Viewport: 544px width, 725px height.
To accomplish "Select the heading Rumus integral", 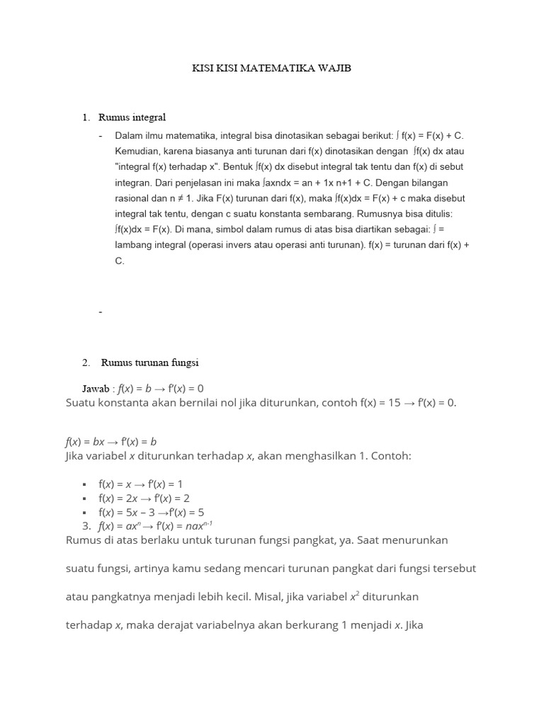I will [132, 117].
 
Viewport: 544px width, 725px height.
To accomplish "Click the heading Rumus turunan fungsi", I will [150, 362].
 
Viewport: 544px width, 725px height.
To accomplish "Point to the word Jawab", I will [96, 389].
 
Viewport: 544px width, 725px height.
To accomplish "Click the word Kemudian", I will [137, 151].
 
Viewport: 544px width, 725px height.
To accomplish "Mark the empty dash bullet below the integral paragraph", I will [101, 312].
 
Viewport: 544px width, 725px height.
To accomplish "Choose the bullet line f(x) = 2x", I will [144, 498].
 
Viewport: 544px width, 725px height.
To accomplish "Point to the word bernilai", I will [202, 403].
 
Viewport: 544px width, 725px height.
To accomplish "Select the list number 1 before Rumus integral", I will [86, 117].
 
